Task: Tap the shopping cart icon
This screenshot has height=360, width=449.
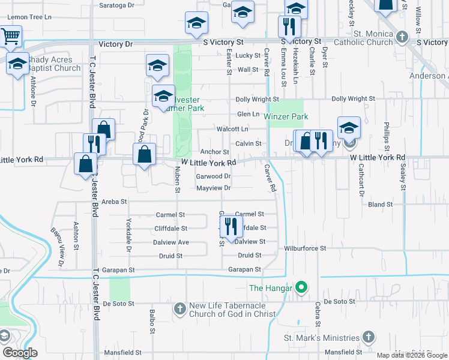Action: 10,37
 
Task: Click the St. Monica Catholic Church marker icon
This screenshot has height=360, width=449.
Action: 402,38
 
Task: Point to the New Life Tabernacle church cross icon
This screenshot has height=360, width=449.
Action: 179,310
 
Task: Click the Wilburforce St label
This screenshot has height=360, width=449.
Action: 305,248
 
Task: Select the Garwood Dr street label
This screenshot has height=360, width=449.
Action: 214,176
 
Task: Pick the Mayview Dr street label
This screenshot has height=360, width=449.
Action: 214,188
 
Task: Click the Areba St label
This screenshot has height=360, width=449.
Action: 115,202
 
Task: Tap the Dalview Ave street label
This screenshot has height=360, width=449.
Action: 172,242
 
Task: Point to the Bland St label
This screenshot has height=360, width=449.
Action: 380,205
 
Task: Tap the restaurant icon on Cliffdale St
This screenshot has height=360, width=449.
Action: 229,226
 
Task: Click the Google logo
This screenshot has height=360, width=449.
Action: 19,353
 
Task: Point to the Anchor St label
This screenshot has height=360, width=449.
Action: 215,152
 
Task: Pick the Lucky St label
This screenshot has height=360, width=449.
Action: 247,55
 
